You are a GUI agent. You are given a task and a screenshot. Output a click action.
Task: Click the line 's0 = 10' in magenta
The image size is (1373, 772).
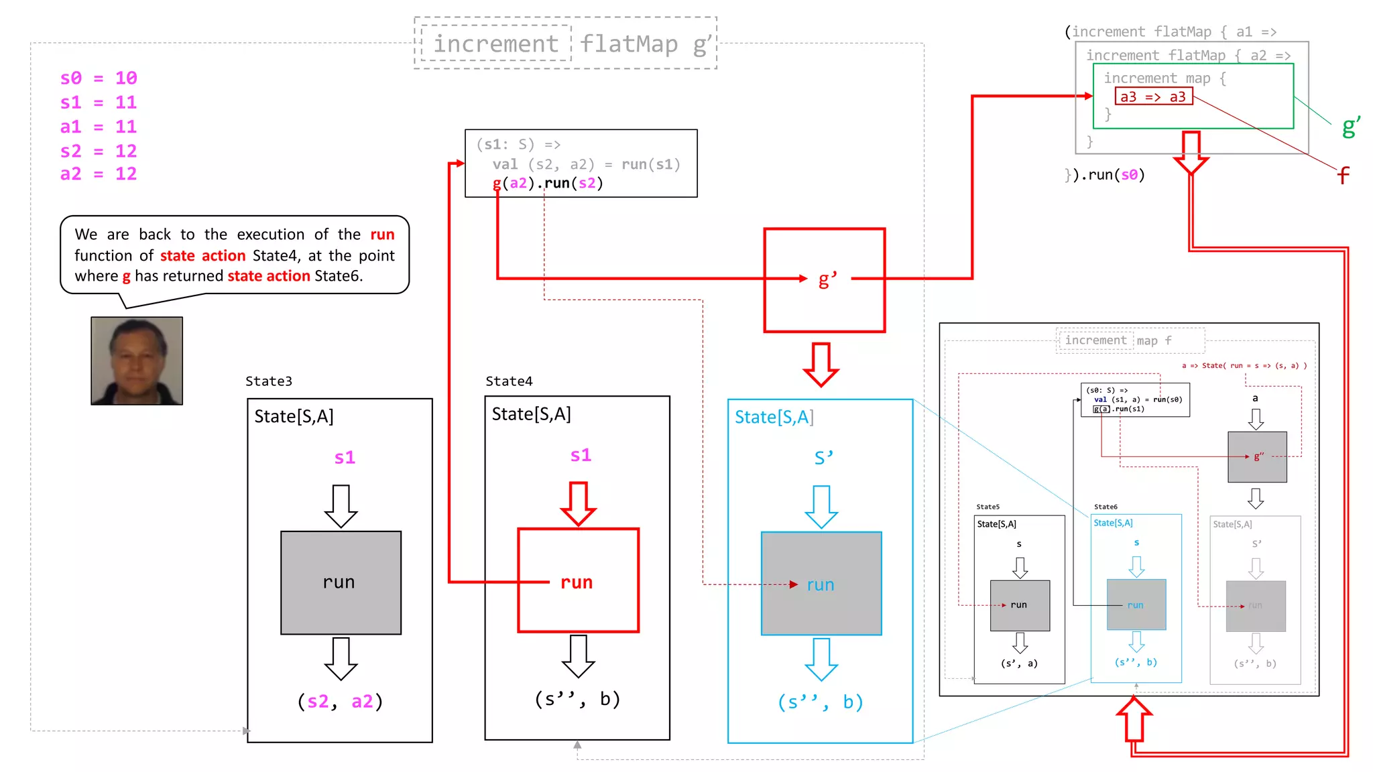[x=99, y=78]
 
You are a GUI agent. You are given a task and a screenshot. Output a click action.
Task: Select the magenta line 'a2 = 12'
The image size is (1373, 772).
[x=99, y=174]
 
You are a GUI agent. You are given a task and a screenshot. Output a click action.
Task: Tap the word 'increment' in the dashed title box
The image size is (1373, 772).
[x=495, y=44]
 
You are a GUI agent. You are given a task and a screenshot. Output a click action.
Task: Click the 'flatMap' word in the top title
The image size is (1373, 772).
[x=629, y=44]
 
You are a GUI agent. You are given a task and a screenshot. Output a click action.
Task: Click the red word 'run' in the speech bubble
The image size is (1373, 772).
[x=382, y=235]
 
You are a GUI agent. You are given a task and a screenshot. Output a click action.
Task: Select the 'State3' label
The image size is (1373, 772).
[x=269, y=381]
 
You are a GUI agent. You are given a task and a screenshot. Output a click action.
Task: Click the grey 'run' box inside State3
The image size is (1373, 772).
[x=341, y=582]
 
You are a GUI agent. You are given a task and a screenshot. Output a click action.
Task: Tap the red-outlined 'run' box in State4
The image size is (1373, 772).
[x=578, y=580]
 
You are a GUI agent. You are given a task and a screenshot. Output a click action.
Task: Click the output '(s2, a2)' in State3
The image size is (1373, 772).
[x=340, y=702]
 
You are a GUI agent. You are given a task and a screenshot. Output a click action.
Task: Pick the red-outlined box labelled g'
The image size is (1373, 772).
[x=824, y=280]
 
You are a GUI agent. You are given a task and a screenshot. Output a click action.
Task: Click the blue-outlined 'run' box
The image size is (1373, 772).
[x=821, y=584]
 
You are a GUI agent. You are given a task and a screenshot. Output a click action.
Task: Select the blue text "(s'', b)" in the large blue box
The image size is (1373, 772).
[x=821, y=702]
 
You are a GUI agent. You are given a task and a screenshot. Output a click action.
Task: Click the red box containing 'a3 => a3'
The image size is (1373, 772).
[x=1153, y=96]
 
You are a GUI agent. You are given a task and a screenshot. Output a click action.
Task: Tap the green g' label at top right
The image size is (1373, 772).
[x=1351, y=126]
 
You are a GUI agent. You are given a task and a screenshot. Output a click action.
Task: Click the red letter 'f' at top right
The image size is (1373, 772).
[x=1343, y=176]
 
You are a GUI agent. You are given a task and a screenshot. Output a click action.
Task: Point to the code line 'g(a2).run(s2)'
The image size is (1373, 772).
[x=548, y=184]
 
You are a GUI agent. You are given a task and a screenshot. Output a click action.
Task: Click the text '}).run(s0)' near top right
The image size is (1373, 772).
[x=1105, y=175]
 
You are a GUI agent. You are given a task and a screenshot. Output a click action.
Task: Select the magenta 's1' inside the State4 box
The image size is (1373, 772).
[x=581, y=456]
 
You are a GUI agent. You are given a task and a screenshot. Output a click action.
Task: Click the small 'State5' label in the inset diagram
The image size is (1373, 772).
[x=988, y=507]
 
